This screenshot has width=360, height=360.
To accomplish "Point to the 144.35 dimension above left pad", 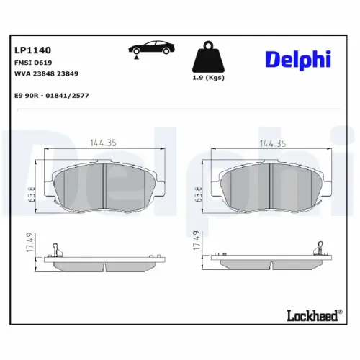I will pyautogui.click(x=103, y=142).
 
